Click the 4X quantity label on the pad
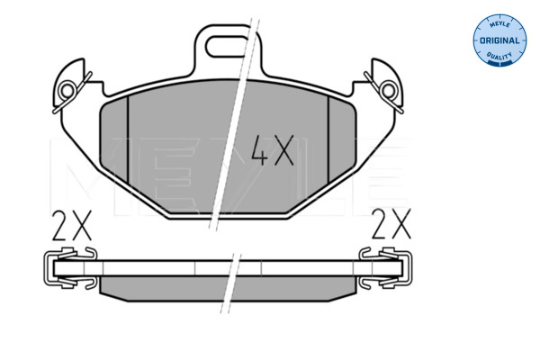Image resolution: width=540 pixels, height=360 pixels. [273, 150]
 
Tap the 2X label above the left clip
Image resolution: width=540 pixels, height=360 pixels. [72, 225]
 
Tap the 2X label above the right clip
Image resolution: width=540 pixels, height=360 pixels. [391, 224]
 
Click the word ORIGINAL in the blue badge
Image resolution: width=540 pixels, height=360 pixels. [499, 40]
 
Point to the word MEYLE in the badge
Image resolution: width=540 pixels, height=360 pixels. [499, 24]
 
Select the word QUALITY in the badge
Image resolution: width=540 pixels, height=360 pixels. [499, 56]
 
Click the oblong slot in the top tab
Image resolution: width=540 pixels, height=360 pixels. [227, 46]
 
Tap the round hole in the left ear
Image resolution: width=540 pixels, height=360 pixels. [67, 91]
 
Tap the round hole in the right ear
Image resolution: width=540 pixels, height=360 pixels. [389, 91]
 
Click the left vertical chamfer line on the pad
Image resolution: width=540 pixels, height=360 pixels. [128, 139]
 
